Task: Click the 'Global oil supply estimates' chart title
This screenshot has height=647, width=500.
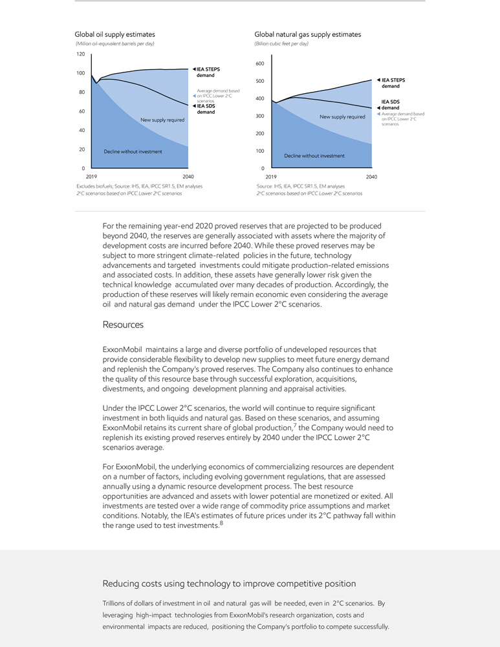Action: tap(114, 34)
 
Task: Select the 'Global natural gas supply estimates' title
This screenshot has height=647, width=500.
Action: tap(307, 34)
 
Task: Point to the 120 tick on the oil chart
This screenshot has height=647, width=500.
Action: tap(81, 54)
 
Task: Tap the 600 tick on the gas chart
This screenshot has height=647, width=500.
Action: tap(259, 63)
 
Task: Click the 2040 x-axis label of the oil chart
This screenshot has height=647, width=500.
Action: tap(188, 176)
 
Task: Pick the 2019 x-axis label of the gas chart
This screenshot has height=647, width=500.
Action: tap(270, 176)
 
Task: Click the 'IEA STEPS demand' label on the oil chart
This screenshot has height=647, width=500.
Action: tap(205, 72)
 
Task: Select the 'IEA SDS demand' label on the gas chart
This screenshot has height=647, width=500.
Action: tap(390, 105)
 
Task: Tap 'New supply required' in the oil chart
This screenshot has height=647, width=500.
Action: tap(162, 120)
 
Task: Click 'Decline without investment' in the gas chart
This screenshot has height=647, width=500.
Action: tap(314, 155)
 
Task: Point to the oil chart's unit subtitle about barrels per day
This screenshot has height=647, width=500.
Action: tap(114, 43)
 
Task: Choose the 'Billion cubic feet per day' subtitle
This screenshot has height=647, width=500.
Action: tap(281, 43)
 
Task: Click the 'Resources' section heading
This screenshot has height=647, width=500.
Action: tap(123, 324)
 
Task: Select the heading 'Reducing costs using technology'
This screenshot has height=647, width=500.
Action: tap(229, 584)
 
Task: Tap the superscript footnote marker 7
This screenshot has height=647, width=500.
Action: tap(295, 425)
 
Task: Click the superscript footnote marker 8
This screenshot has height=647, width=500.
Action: tap(221, 523)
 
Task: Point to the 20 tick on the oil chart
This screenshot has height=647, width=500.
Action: tap(82, 149)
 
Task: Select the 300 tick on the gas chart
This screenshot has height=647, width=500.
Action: tap(259, 116)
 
